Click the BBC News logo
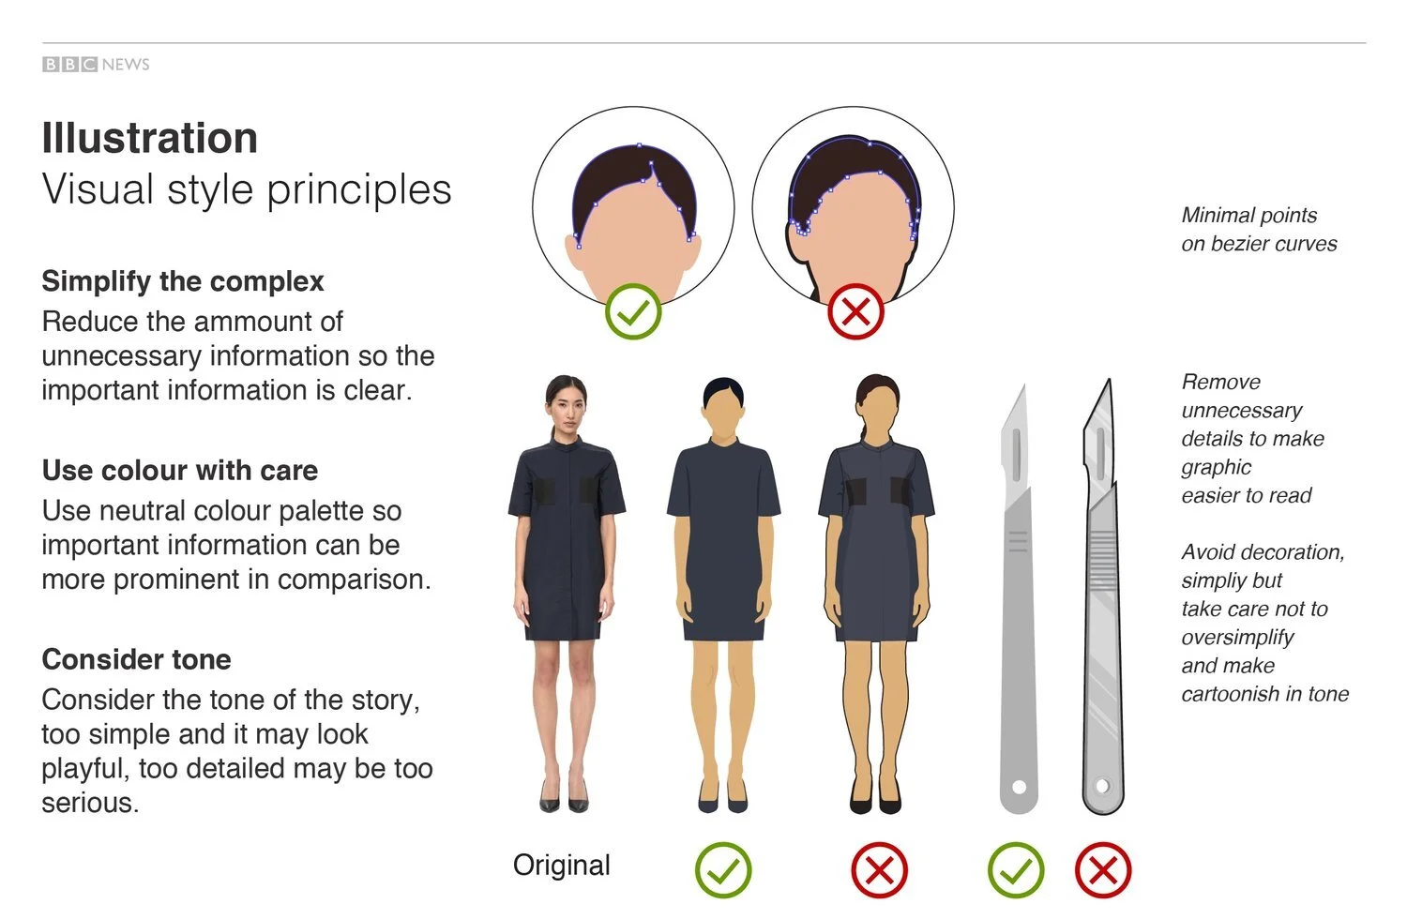tap(96, 64)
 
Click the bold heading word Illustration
tap(150, 138)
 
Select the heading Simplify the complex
tap(183, 281)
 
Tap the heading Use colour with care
tap(180, 470)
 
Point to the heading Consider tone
tap(136, 659)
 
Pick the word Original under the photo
tap(561, 865)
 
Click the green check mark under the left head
tap(633, 311)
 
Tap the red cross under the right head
tap(855, 311)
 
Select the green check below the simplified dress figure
tap(723, 870)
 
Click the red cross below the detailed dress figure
tap(879, 870)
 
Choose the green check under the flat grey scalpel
tap(1016, 870)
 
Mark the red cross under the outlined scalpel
tap(1103, 870)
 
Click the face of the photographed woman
tap(566, 405)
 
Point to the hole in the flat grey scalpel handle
tap(1020, 787)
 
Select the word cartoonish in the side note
tap(1230, 694)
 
